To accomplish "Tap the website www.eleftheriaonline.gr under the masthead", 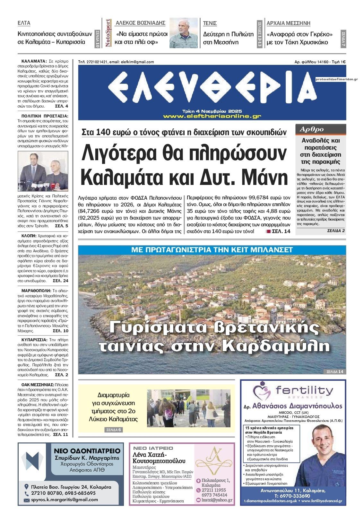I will pyautogui.click(x=212, y=116).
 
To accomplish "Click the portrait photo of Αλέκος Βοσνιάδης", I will pyautogui.click(x=184, y=33).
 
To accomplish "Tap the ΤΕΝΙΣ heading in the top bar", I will pyautogui.click(x=210, y=23).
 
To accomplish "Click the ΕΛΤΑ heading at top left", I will pyautogui.click(x=24, y=23).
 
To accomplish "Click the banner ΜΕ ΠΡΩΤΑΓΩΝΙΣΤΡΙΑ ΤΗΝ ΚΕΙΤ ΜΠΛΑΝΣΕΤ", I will pyautogui.click(x=212, y=249).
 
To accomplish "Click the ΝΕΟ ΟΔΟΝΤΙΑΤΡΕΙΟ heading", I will pyautogui.click(x=87, y=451).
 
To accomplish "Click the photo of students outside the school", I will pyautogui.click(x=189, y=408).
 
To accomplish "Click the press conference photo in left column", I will pyautogui.click(x=44, y=171).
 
